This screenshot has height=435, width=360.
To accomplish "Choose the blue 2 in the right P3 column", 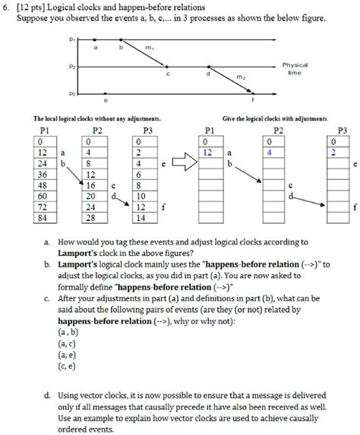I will (330, 153).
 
